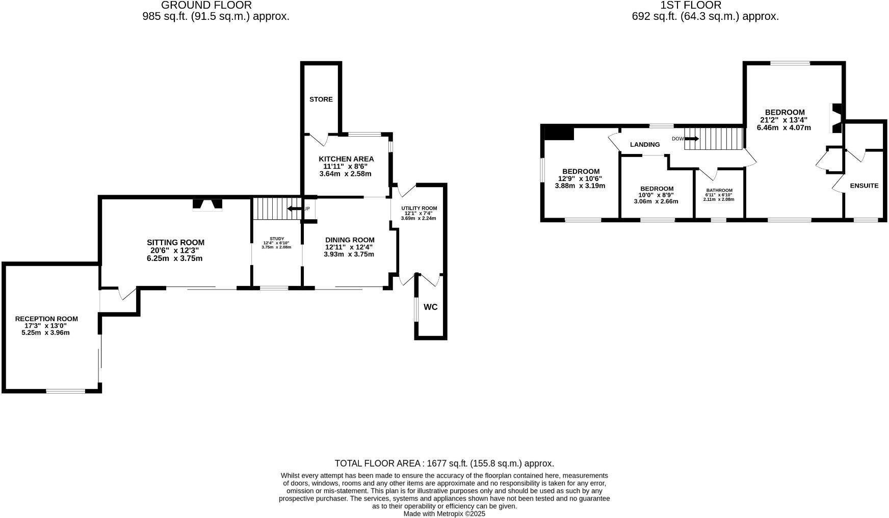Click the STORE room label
321,99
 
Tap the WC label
431,307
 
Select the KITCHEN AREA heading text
346,159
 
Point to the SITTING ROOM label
175,242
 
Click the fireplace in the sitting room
207,205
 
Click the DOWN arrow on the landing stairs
691,138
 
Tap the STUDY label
277,238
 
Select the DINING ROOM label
350,240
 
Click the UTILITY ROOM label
419,208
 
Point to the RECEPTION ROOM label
46,319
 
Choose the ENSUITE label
864,186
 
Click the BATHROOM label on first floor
719,190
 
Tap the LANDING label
645,144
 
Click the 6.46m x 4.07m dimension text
784,127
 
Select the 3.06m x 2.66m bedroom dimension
656,201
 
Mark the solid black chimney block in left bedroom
559,133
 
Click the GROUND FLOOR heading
206,5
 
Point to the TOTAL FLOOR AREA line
444,463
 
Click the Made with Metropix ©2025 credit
444,514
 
